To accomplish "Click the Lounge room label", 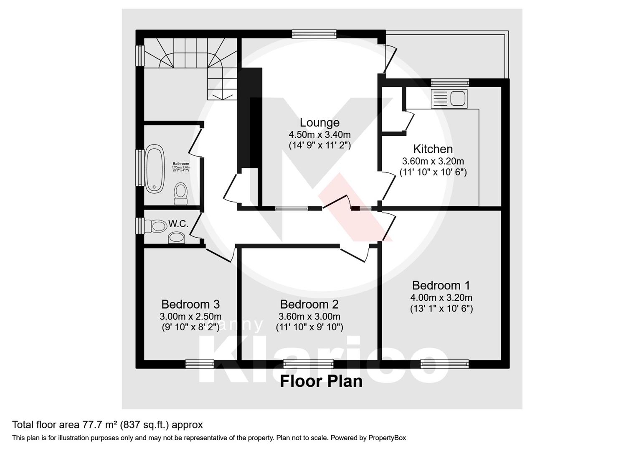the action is click(319, 123).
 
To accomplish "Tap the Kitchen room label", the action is click(433, 149).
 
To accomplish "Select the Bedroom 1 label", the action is click(441, 286).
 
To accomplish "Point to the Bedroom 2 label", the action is click(309, 304).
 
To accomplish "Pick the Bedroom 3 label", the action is click(190, 304).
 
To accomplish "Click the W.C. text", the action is click(178, 224).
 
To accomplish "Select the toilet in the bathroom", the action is click(180, 193).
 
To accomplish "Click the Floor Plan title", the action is click(321, 381).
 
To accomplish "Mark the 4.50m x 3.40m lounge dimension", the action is click(319, 135).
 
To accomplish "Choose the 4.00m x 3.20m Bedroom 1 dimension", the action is click(441, 298).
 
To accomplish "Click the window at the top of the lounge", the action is click(314, 34).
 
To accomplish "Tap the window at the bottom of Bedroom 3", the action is click(200, 364).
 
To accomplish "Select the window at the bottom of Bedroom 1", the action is click(445, 364).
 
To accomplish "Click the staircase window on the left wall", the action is click(140, 56).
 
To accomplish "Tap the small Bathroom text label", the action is click(181, 164).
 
